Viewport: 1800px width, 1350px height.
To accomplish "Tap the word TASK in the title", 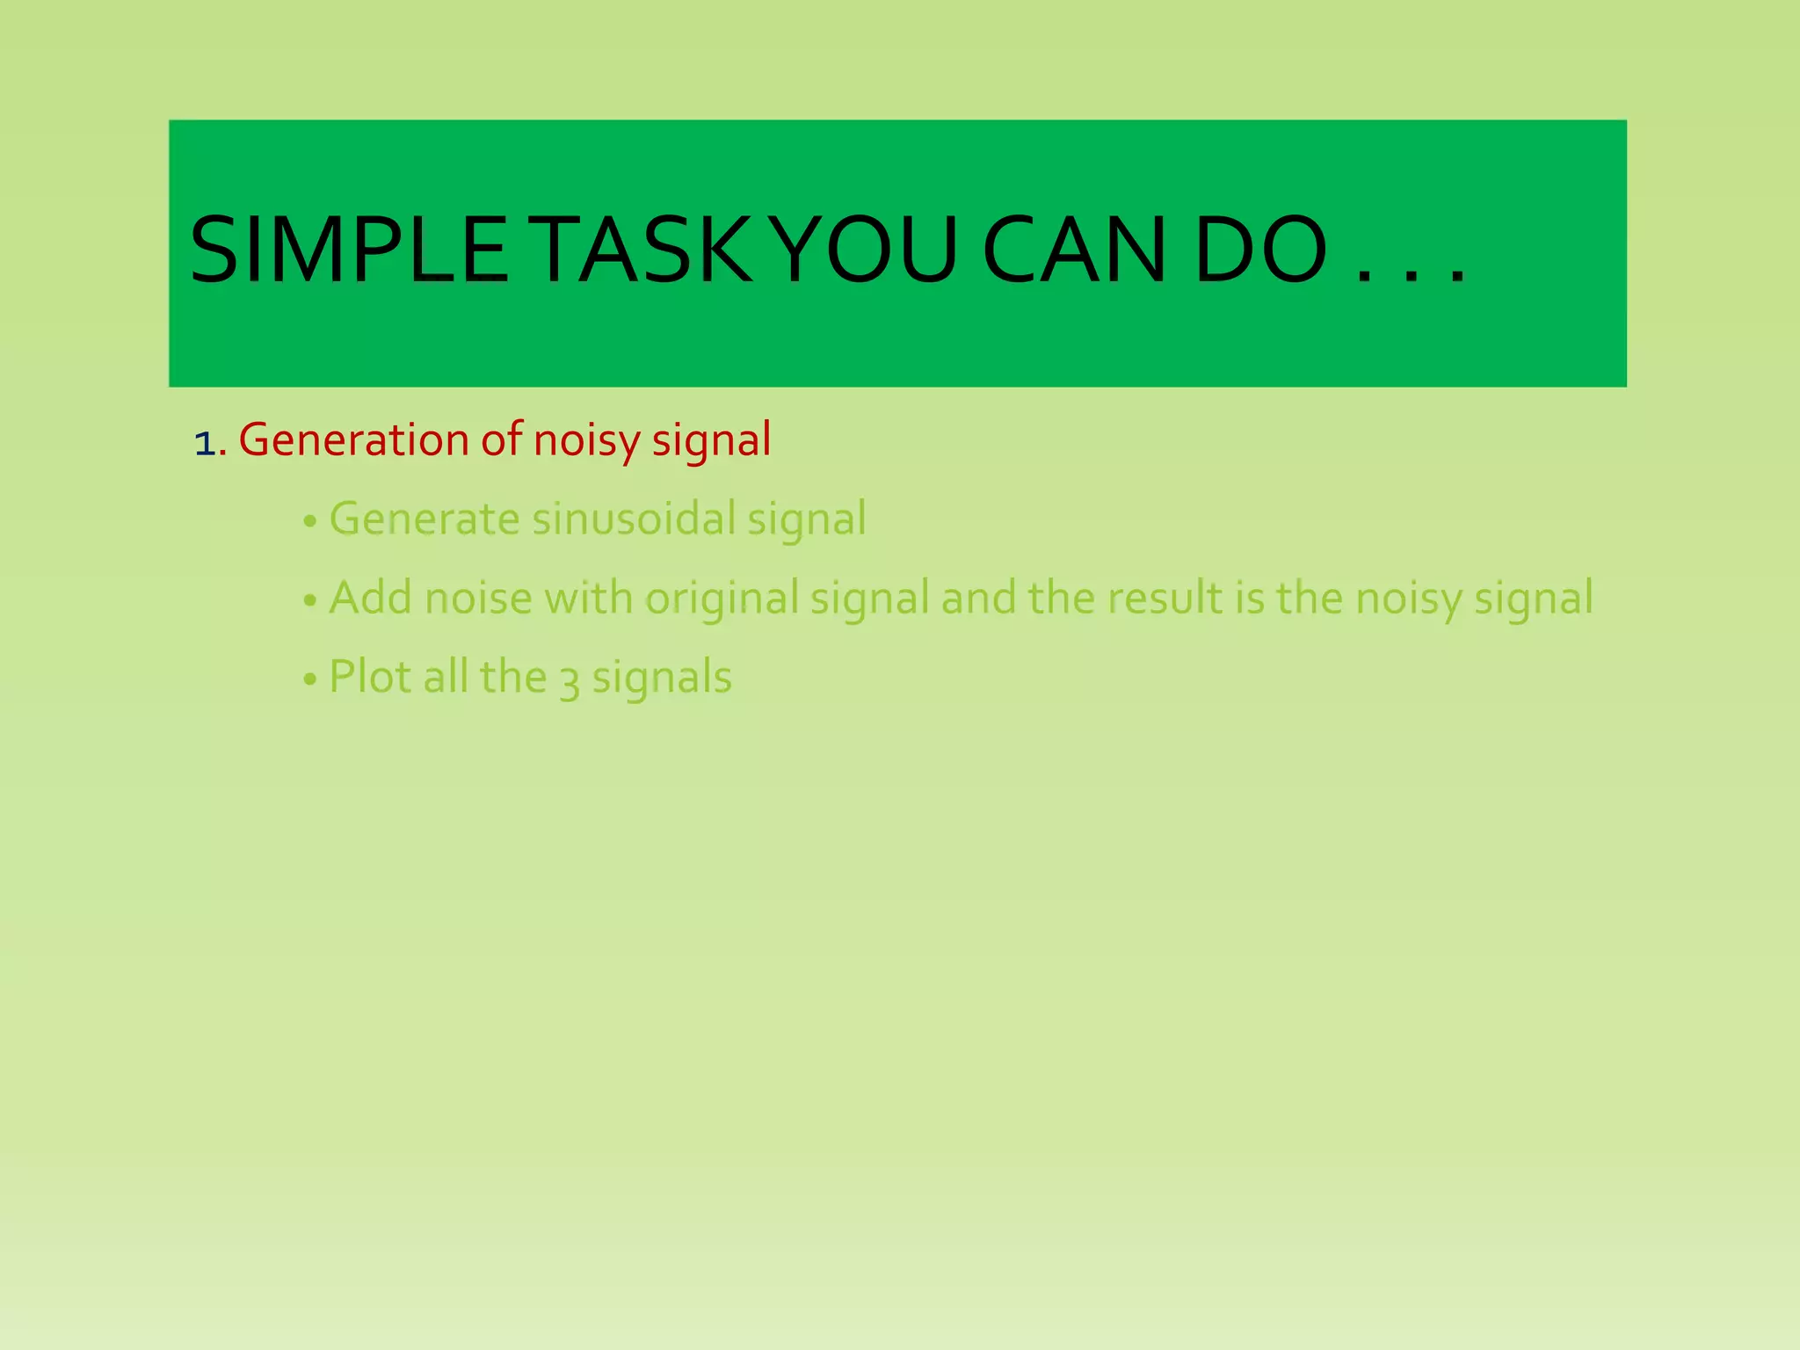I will [x=645, y=251].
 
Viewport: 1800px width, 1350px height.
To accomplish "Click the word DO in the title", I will [x=1260, y=251].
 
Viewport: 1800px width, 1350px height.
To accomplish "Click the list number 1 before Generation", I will [x=204, y=443].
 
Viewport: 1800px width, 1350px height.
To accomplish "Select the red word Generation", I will [x=353, y=440].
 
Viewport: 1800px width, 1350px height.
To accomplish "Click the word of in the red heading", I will [x=501, y=439].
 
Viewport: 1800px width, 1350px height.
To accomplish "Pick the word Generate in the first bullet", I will [x=424, y=519].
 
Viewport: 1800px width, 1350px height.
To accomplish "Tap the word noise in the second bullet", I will [x=478, y=599].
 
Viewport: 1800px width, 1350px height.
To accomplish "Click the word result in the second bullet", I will [x=1165, y=598].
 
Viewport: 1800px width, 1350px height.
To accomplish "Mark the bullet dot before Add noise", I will [x=308, y=602].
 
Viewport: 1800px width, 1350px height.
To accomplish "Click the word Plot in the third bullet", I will [x=370, y=677].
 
